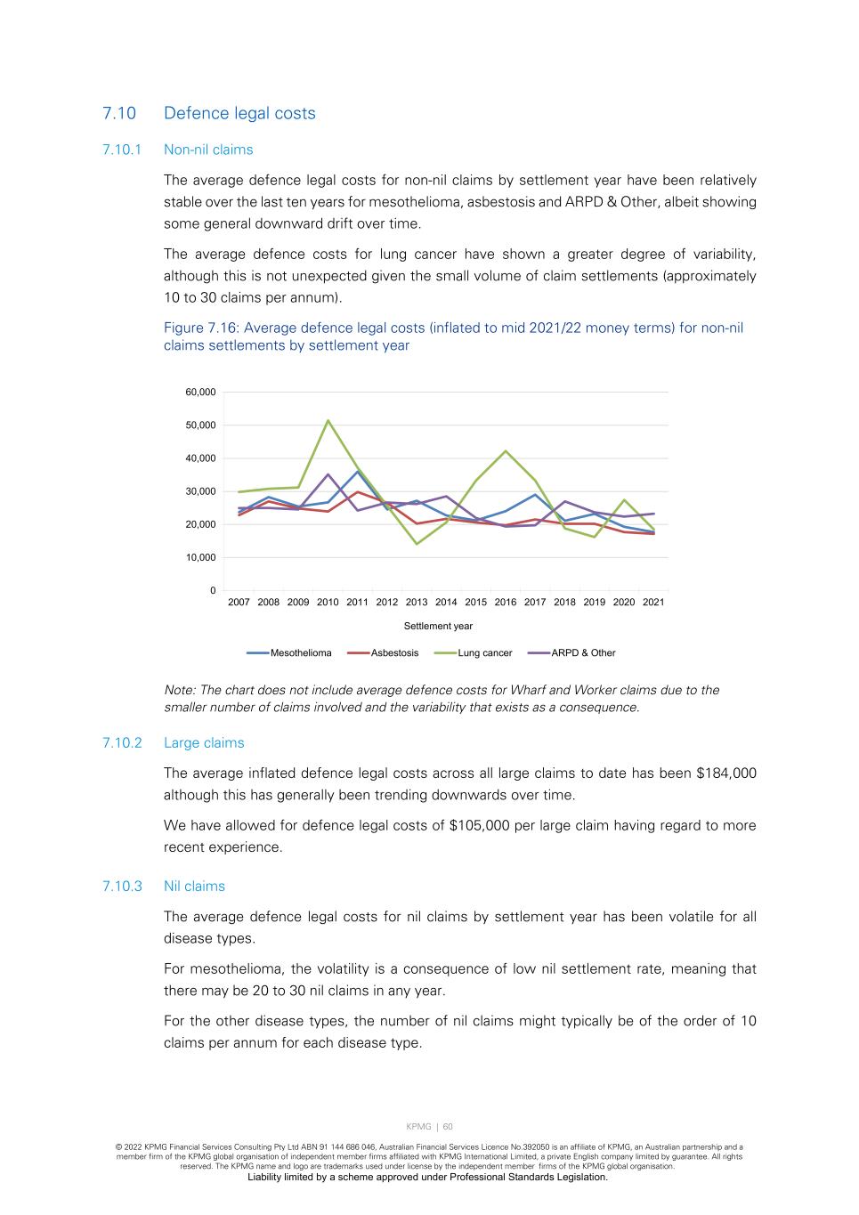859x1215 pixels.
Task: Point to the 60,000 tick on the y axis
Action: (x=200, y=393)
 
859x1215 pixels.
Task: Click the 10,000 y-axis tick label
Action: (x=200, y=558)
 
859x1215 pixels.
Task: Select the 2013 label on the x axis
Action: (x=417, y=603)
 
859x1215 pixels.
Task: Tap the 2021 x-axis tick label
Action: (x=653, y=603)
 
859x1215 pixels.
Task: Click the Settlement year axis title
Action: (x=438, y=627)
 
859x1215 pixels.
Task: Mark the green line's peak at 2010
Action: (x=328, y=420)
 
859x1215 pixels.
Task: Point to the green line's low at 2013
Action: (x=417, y=544)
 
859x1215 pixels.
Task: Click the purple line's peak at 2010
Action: (x=328, y=474)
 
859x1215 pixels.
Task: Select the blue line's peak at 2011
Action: (x=357, y=471)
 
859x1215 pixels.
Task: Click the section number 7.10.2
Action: (x=122, y=743)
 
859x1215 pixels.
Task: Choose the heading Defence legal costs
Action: (x=239, y=114)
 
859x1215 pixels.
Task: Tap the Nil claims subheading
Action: (x=194, y=887)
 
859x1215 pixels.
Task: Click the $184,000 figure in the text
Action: (x=726, y=774)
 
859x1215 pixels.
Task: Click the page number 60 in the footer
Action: (x=448, y=1127)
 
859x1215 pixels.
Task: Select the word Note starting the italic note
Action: (x=179, y=691)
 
